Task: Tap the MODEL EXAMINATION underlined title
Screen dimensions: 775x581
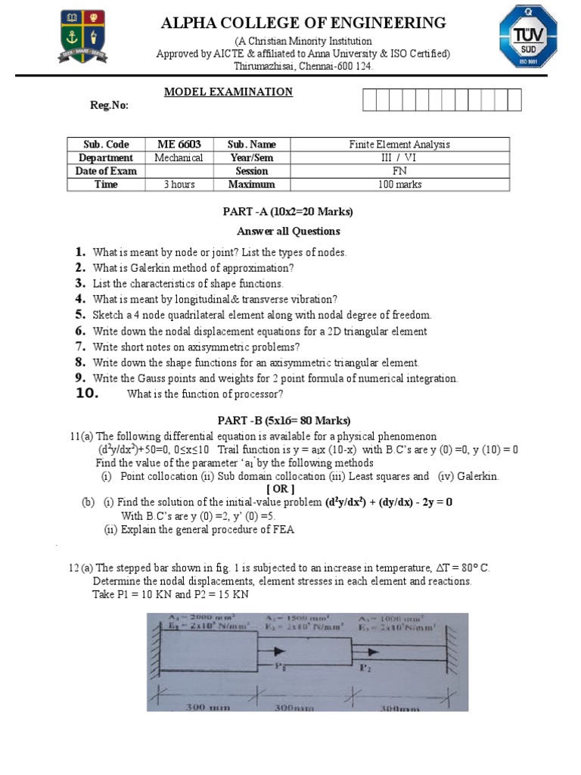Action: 228,92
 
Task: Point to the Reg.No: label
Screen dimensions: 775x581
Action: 110,105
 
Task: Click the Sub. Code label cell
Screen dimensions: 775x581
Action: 106,145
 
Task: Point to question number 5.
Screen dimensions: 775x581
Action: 80,314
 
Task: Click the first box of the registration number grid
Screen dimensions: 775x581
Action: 369,100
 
